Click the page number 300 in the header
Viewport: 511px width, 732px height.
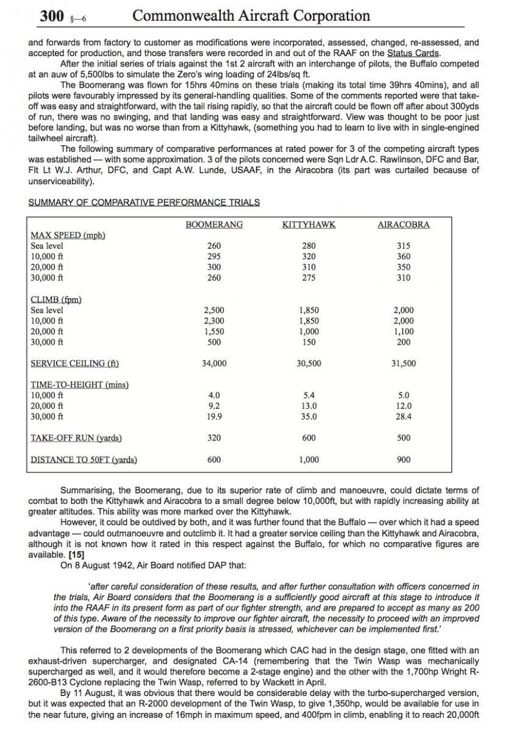pos(52,16)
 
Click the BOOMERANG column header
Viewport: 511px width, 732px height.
pos(214,224)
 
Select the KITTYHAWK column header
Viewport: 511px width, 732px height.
pos(309,224)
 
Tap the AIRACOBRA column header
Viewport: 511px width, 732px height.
pos(404,224)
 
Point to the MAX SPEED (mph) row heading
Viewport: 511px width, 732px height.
pos(68,235)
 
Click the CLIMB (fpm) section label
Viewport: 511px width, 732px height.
pos(56,300)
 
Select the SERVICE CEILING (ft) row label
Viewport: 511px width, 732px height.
pos(74,364)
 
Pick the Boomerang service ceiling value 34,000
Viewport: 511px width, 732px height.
pos(214,364)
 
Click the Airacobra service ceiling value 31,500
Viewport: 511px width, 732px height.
pos(404,364)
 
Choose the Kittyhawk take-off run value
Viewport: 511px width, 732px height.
pos(309,438)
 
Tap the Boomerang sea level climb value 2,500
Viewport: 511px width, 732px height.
pos(214,310)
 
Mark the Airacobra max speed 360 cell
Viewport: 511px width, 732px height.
pos(404,257)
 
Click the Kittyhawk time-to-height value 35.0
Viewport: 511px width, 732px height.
pos(309,417)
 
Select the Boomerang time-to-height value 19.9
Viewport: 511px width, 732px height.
pos(214,417)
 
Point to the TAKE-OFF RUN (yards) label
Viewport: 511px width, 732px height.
pos(76,438)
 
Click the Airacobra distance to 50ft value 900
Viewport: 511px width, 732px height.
pos(404,459)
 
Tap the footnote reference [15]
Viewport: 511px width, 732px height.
pos(76,554)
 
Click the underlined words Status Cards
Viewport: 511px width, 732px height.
pos(413,53)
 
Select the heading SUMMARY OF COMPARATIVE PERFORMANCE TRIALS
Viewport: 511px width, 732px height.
pos(144,203)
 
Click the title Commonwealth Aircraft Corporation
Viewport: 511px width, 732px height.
pos(251,16)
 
